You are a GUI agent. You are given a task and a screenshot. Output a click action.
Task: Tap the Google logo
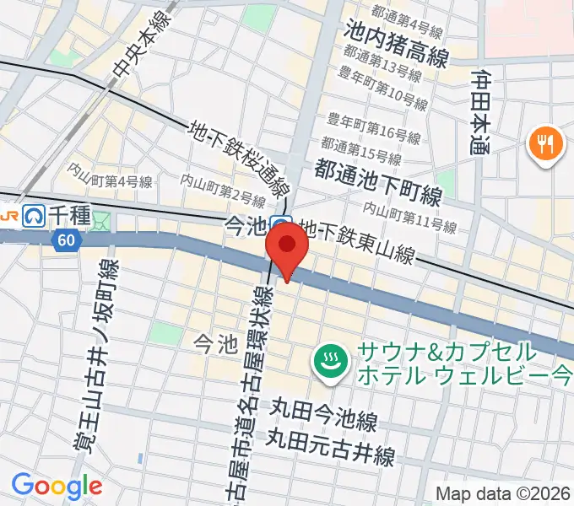(57, 486)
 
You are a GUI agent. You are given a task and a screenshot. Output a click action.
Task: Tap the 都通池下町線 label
(377, 183)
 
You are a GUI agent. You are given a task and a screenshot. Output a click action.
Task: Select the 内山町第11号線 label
(409, 219)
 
